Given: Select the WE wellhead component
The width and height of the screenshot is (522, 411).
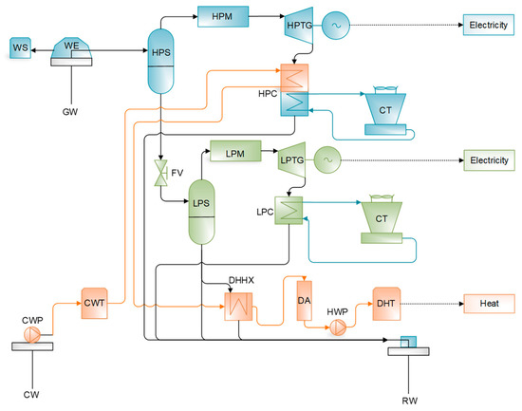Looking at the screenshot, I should [x=71, y=48].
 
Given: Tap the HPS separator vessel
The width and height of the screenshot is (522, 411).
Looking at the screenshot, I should [x=161, y=52].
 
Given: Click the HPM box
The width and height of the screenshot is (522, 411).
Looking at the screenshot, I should [x=221, y=16].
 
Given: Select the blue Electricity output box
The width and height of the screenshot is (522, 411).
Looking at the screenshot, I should [x=489, y=25].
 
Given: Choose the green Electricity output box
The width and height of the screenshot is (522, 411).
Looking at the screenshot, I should [x=489, y=159].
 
